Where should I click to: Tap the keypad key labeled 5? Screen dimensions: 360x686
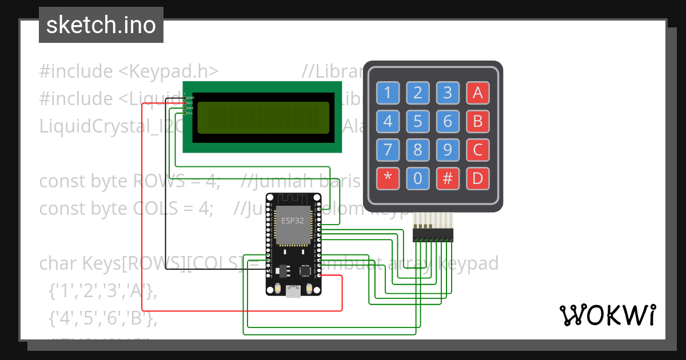[x=418, y=121]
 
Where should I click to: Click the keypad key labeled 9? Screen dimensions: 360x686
[x=448, y=150]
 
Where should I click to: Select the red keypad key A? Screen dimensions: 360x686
[x=477, y=92]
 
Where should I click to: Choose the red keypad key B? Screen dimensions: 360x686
[x=477, y=121]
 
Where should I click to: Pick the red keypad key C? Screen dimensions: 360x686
[x=477, y=150]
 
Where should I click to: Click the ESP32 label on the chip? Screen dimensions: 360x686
[x=293, y=220]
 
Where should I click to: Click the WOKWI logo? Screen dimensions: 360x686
[x=607, y=315]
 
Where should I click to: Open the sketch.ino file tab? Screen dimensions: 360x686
[x=101, y=25]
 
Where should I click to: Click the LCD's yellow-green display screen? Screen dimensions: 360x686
[x=263, y=118]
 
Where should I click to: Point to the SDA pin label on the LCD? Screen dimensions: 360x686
[x=190, y=108]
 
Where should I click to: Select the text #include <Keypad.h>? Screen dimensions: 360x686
[x=129, y=71]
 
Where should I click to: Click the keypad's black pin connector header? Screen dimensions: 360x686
[x=433, y=234]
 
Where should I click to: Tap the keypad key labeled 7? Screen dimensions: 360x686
[x=388, y=150]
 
